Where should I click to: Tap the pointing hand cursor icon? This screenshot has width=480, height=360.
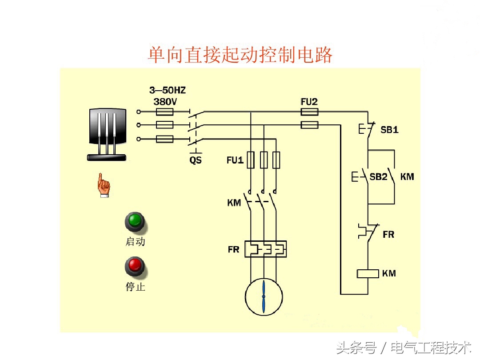tap(104, 185)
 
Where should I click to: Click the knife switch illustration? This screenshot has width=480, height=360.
tap(107, 133)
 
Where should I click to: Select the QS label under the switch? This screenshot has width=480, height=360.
tap(196, 160)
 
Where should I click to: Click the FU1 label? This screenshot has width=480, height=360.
tap(235, 160)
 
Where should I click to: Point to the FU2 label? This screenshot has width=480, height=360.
tap(309, 101)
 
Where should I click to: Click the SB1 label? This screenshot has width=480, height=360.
tap(389, 130)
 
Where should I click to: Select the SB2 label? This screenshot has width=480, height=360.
tap(379, 177)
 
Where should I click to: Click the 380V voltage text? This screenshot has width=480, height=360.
tap(165, 101)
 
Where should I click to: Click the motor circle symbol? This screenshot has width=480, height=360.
tap(264, 296)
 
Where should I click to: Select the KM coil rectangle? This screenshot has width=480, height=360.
tap(368, 273)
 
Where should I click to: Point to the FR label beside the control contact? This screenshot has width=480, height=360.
tap(388, 234)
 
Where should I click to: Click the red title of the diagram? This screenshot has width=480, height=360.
tap(240, 55)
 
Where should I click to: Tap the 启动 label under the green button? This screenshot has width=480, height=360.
tap(135, 242)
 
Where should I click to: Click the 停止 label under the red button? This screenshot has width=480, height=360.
tap(135, 287)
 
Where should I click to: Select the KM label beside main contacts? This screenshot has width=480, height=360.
tap(234, 203)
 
